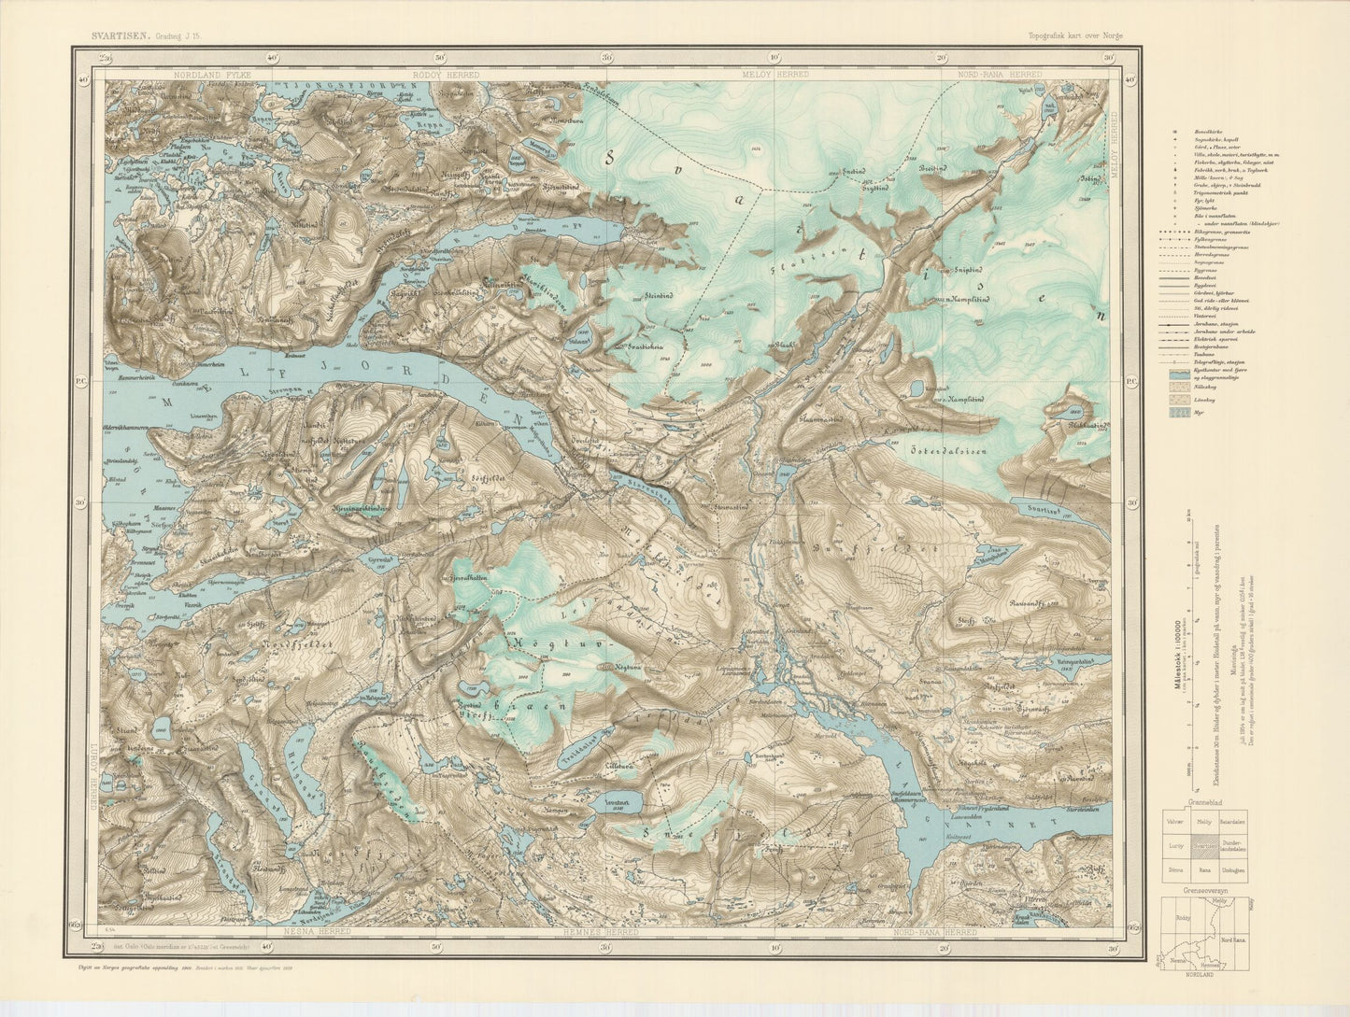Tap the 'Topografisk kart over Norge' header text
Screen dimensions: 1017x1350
[x=1075, y=35]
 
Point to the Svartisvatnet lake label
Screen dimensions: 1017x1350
[x=1044, y=509]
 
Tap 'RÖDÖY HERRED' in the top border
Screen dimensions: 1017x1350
[x=446, y=74]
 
